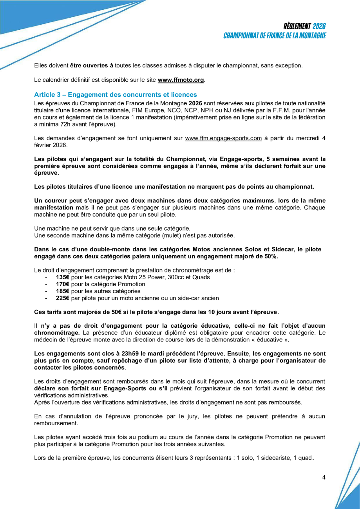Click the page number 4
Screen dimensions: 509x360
(x=324, y=477)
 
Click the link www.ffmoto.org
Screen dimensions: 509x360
(x=181, y=80)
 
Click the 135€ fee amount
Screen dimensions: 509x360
(x=63, y=277)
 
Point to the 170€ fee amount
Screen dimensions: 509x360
(x=63, y=284)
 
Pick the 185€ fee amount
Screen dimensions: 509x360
(x=63, y=291)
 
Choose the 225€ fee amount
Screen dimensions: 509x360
(x=63, y=298)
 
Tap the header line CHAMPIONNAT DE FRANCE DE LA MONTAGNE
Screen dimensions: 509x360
(x=275, y=36)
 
